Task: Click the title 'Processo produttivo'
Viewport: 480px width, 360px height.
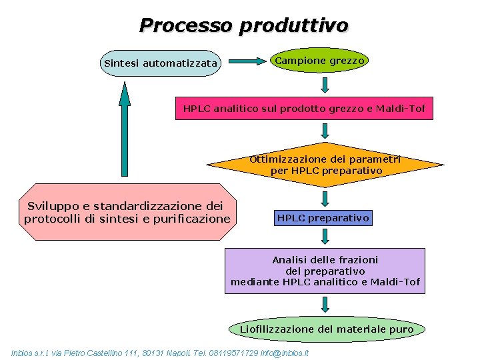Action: (243, 25)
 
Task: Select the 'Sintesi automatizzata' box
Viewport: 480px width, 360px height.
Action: (161, 63)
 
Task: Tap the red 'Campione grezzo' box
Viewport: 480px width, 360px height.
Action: (320, 61)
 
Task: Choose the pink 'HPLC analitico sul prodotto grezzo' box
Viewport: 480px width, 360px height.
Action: (304, 108)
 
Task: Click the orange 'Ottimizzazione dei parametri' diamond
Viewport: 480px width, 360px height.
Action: (325, 165)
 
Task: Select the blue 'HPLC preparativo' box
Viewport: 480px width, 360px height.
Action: (323, 218)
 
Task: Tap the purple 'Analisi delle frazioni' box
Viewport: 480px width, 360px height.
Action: (325, 271)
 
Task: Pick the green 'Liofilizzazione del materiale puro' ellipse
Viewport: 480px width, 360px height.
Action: (327, 329)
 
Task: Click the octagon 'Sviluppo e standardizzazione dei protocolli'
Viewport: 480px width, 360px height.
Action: (127, 212)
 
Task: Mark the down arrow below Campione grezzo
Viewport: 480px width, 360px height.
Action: (325, 85)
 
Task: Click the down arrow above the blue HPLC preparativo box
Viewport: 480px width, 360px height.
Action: (325, 198)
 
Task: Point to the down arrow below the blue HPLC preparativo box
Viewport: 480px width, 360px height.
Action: (325, 236)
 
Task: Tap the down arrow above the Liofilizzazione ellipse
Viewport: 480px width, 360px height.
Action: (325, 305)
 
